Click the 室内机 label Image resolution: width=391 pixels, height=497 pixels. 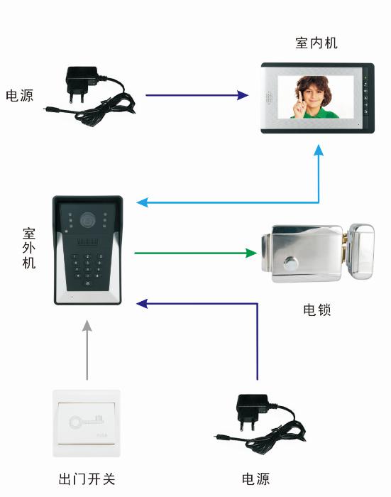coord(316,43)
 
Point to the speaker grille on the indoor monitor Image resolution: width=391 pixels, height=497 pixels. coord(269,97)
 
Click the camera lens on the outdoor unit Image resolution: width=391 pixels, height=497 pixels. coord(88,219)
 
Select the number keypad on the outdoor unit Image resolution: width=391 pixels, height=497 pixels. coord(88,266)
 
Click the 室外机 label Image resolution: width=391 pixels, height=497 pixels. coord(28,248)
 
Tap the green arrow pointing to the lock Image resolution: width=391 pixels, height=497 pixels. coord(195,252)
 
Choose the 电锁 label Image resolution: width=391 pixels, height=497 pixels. coord(316,310)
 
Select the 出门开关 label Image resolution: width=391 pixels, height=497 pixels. coord(87,479)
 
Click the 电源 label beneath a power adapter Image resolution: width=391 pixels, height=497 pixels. coord(255,479)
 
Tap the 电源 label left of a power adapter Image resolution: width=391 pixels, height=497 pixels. coord(19,95)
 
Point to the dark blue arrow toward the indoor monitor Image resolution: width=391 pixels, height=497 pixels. coord(197,94)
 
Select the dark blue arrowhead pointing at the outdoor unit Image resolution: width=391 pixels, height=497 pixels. coord(142,303)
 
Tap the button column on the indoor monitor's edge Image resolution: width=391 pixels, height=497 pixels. coord(366,95)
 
